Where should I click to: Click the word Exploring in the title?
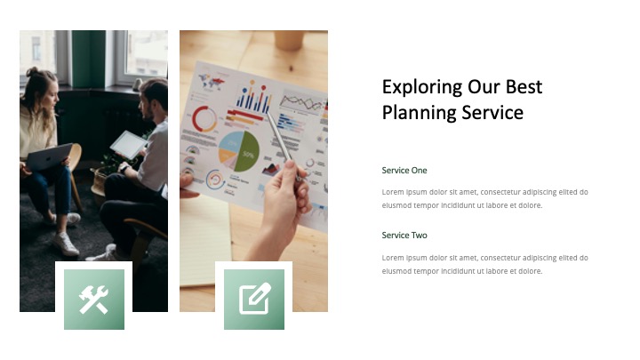422,87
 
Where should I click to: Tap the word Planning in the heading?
419,113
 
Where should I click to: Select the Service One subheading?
404,170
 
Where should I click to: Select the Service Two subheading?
404,236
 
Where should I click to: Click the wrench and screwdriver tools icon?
94,300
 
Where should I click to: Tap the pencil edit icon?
254,300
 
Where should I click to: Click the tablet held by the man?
129,144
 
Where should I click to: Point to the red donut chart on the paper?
205,120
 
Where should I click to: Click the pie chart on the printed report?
239,151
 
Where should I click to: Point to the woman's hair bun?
33,71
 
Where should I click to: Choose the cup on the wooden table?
288,39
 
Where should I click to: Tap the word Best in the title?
524,87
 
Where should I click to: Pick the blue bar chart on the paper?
252,97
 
